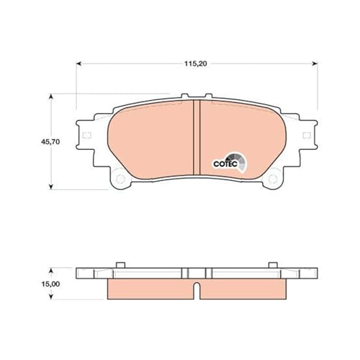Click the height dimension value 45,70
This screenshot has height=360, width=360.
click(31, 142)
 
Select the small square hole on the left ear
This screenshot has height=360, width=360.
click(86, 136)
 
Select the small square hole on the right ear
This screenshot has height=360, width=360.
click(306, 136)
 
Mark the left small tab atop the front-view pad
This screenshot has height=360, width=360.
click(186, 96)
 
